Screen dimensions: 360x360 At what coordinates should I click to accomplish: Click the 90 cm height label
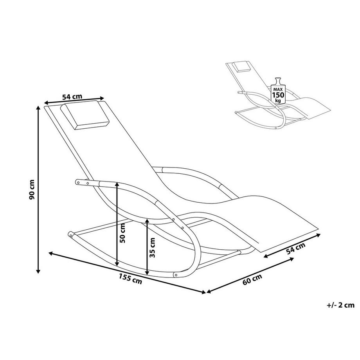32,189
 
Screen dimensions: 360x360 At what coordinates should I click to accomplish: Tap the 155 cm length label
130,278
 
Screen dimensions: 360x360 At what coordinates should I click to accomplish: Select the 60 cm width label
252,279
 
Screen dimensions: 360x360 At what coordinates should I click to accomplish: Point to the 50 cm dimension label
122,233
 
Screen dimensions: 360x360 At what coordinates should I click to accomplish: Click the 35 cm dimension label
152,247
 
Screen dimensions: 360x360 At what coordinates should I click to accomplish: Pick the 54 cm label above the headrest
72,96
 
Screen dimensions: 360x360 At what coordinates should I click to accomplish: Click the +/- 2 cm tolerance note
340,305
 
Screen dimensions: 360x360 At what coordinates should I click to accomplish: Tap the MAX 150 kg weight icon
278,90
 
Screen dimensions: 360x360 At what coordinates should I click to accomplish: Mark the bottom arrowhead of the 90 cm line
38,271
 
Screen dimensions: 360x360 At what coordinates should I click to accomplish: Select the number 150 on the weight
278,95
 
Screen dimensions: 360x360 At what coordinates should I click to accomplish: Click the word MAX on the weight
278,89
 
